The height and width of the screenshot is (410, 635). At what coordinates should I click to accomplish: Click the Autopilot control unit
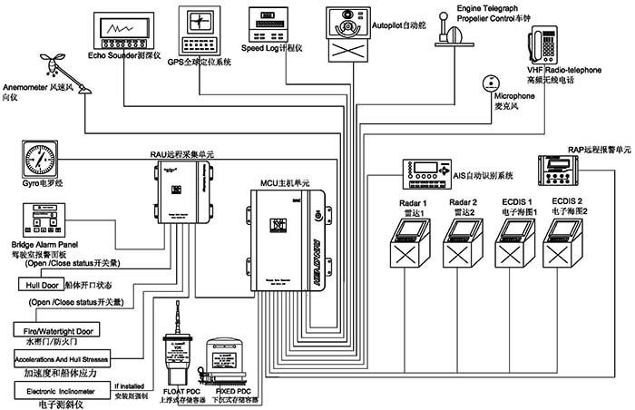click(x=348, y=31)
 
